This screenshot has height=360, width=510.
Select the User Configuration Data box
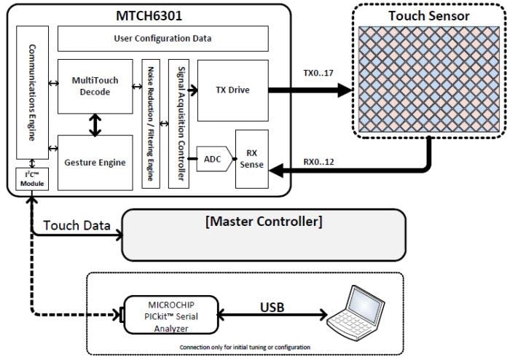(x=162, y=38)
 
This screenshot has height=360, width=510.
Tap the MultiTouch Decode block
(x=93, y=86)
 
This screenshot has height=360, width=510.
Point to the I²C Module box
(x=32, y=179)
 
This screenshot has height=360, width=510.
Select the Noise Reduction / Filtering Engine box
(x=151, y=124)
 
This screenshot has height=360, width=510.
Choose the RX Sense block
(x=252, y=159)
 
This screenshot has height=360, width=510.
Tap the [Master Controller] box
(x=263, y=235)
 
